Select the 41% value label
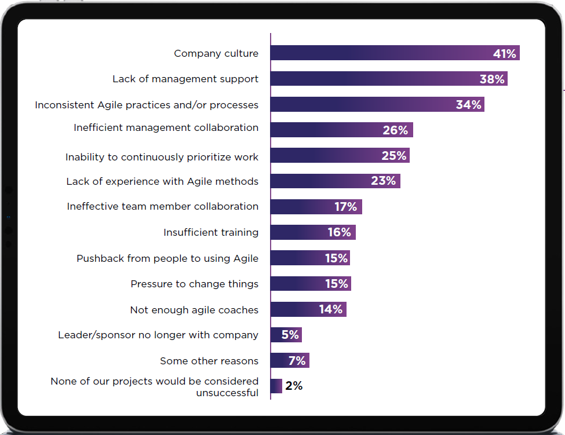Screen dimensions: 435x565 pyautogui.click(x=504, y=54)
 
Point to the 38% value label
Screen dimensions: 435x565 pyautogui.click(x=492, y=79)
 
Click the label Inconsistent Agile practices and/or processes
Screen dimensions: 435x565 pyautogui.click(x=147, y=105)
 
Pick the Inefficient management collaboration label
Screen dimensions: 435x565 pyautogui.click(x=166, y=127)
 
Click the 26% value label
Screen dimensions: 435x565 pyautogui.click(x=395, y=130)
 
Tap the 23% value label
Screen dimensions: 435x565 pyautogui.click(x=383, y=181)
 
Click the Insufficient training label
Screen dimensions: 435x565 pyautogui.click(x=211, y=232)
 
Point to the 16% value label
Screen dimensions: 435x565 pyautogui.click(x=338, y=232)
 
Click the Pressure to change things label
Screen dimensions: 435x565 pyautogui.click(x=194, y=284)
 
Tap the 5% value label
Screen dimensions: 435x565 pyautogui.click(x=290, y=335)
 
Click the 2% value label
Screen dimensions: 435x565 pyautogui.click(x=294, y=386)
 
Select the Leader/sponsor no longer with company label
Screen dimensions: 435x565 pyautogui.click(x=158, y=335)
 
